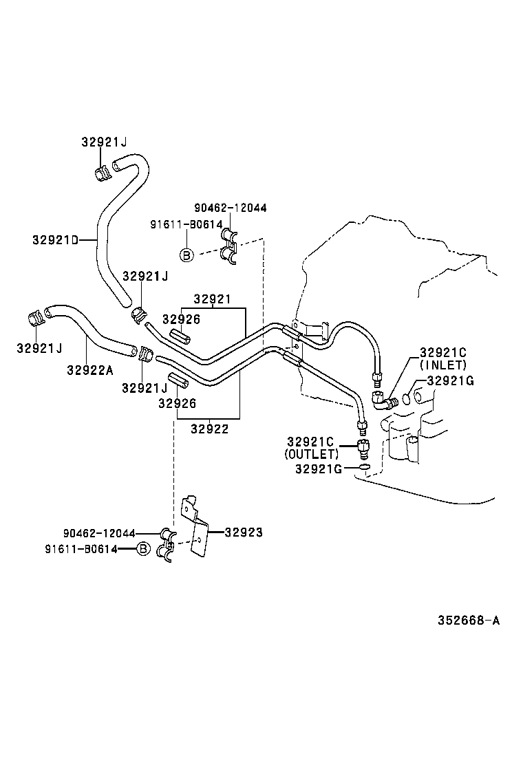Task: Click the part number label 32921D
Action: pyautogui.click(x=54, y=239)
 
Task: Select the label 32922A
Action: pyautogui.click(x=89, y=369)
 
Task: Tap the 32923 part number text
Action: pyautogui.click(x=244, y=532)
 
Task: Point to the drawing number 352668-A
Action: pyautogui.click(x=469, y=620)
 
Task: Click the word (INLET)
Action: pyautogui.click(x=443, y=365)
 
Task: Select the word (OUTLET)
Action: pyautogui.click(x=311, y=455)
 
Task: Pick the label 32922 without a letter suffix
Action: pyautogui.click(x=209, y=428)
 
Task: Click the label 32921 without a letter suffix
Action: pyautogui.click(x=212, y=299)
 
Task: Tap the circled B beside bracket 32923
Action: pyautogui.click(x=142, y=548)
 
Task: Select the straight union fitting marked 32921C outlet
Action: pyautogui.click(x=362, y=448)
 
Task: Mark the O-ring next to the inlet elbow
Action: pyautogui.click(x=407, y=398)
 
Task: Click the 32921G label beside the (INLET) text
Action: pyautogui.click(x=450, y=380)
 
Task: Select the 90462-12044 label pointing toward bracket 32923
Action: pyautogui.click(x=98, y=533)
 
